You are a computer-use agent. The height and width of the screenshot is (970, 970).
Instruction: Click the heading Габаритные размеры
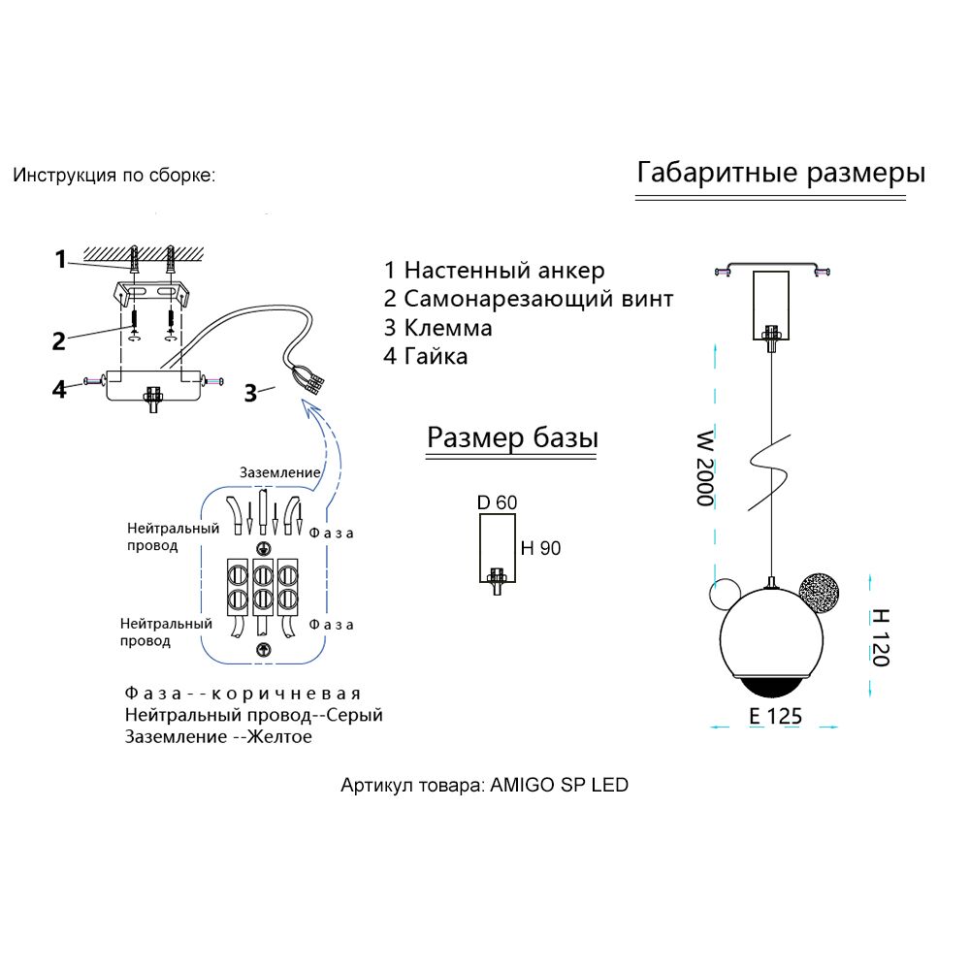point(780,174)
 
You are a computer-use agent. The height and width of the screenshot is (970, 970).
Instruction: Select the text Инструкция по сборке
point(114,177)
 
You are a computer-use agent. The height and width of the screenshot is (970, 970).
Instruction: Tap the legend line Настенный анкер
point(494,270)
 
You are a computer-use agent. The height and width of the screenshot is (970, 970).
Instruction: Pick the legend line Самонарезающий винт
point(528,299)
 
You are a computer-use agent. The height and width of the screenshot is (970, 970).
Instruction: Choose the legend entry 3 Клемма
point(437,328)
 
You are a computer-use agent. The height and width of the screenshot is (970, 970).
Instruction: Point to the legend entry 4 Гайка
point(426,356)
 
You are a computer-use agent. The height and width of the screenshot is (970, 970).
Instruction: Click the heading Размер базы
point(512,438)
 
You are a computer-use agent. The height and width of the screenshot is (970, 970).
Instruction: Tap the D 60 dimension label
point(497,502)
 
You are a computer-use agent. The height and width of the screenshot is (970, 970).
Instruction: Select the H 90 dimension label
point(540,549)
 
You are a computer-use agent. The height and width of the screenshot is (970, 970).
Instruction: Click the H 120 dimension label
point(879,636)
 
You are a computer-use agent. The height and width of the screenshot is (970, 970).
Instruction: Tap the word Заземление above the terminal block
point(280,472)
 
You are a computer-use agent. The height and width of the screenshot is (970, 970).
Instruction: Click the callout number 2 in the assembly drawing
point(59,340)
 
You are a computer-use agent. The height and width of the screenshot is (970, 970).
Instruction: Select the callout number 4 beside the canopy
point(60,389)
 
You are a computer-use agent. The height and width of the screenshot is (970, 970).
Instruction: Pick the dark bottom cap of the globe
point(772,686)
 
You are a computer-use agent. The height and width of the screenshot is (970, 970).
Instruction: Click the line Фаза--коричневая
point(242,694)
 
